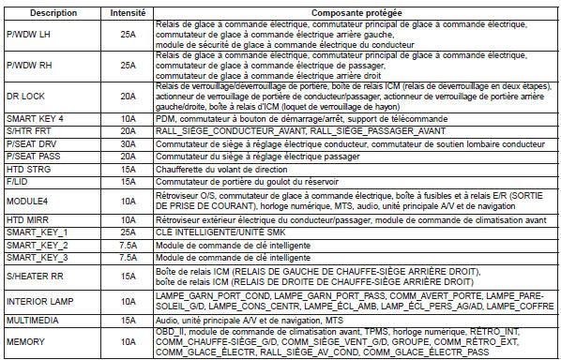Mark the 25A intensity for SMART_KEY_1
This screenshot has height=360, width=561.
coord(129,230)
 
